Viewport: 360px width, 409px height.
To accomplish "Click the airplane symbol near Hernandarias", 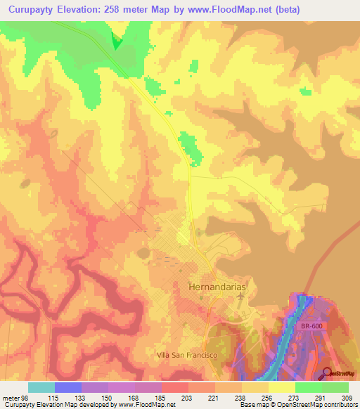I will (241, 298).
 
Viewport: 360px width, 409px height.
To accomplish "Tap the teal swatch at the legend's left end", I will (41, 387).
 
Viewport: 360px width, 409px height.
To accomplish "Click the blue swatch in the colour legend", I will (67, 387).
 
